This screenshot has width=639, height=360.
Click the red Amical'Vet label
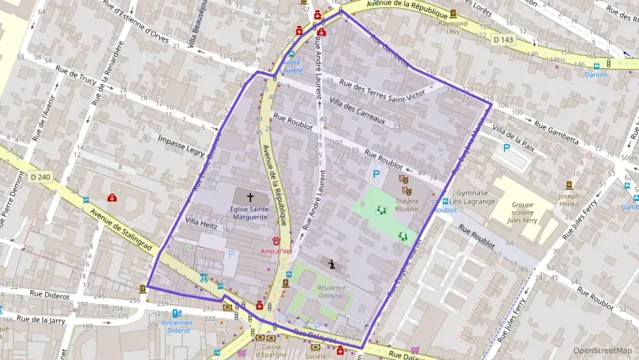pos(276,251)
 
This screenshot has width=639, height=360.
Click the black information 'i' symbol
pos(332,264)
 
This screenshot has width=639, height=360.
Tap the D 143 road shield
pos(504,40)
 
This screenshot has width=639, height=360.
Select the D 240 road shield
pos(41,177)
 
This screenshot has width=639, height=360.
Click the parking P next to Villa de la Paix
pos(506,148)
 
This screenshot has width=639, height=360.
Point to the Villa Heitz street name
pos(201,222)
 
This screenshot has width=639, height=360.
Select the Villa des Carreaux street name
pos(357,112)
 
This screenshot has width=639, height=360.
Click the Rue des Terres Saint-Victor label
pos(382,92)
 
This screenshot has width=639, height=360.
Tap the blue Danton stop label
pos(596,75)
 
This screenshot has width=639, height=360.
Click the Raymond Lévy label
pos(453,27)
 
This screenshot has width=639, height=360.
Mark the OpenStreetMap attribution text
pos(602,350)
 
